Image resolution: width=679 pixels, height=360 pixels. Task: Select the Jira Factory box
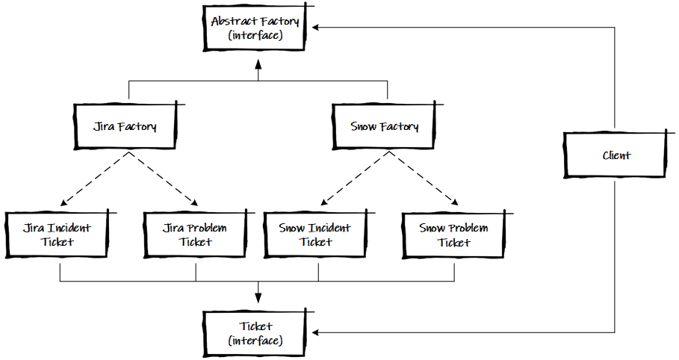point(125,126)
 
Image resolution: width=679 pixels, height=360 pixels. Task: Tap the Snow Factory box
point(384,126)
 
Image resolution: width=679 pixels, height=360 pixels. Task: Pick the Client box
point(615,155)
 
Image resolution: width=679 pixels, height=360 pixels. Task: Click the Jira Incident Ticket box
point(59,235)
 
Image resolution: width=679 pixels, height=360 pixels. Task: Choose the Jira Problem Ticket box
point(195,235)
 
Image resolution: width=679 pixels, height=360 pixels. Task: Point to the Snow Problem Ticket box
point(454,235)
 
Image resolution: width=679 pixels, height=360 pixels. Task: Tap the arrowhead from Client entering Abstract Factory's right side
point(317,28)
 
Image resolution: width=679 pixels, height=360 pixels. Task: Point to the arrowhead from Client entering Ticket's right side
point(317,332)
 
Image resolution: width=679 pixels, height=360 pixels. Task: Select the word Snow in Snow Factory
point(364,126)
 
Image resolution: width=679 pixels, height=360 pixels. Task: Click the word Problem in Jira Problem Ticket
point(205,228)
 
